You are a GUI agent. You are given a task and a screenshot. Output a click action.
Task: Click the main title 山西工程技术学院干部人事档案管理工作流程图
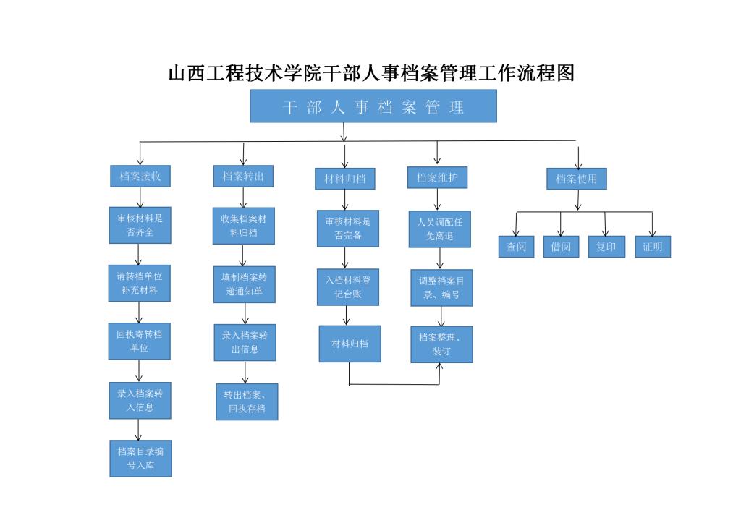(x=370, y=73)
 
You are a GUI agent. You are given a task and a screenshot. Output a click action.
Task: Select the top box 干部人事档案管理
(x=373, y=106)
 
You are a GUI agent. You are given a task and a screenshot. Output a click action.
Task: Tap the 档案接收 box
(x=140, y=177)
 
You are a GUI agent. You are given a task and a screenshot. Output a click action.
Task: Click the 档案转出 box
(x=243, y=177)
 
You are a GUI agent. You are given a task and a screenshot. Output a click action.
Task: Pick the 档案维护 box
(x=437, y=177)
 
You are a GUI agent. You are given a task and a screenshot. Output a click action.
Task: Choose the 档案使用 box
(x=576, y=179)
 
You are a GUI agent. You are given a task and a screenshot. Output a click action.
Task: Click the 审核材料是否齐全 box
(x=140, y=225)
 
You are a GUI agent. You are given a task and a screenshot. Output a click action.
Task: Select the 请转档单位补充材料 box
(x=140, y=283)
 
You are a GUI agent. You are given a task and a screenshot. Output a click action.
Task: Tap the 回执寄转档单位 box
(x=140, y=341)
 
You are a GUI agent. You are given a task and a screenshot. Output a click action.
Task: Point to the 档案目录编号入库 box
(x=140, y=459)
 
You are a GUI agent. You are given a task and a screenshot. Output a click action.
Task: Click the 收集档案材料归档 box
(x=243, y=226)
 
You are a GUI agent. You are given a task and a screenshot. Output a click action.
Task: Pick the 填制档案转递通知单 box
(x=245, y=284)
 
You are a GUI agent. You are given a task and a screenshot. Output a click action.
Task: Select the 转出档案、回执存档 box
(x=246, y=402)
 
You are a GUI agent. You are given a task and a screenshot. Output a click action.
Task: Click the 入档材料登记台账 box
(x=347, y=286)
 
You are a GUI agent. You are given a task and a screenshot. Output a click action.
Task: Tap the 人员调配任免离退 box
(x=440, y=229)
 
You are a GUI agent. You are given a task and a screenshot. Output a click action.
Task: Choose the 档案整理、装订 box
(x=441, y=344)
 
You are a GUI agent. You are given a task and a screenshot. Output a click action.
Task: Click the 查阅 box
(x=516, y=247)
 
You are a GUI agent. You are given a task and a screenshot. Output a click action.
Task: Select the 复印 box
(x=606, y=247)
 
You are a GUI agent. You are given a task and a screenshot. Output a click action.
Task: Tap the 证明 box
(x=653, y=247)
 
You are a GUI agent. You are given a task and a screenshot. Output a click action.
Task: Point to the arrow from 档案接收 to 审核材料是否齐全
(x=140, y=197)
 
